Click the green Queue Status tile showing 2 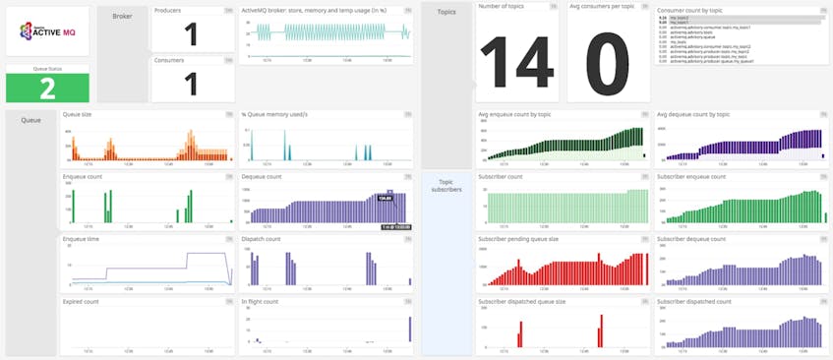[x=47, y=87]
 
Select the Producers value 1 [x=192, y=34]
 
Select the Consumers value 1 [x=192, y=83]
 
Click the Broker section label [x=123, y=17]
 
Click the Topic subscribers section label [x=446, y=187]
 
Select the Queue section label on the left [x=30, y=120]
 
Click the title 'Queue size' [x=78, y=115]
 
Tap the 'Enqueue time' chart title [x=81, y=238]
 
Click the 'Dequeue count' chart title [x=262, y=176]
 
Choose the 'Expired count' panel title [x=81, y=301]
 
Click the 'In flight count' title [x=263, y=301]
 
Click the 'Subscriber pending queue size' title [x=519, y=238]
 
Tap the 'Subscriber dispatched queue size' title [x=523, y=301]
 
